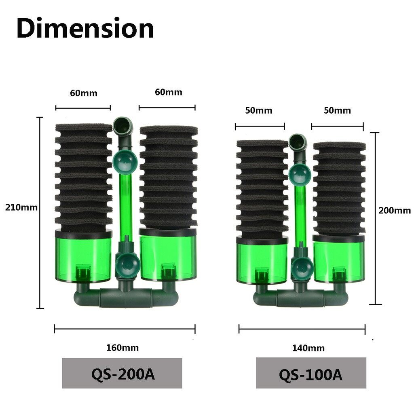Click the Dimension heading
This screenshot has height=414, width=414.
click(x=85, y=29)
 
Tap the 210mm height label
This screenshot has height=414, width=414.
click(x=21, y=208)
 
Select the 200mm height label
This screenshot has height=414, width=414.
click(x=394, y=211)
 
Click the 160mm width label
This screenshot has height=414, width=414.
click(x=122, y=348)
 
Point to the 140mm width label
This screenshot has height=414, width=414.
click(x=308, y=348)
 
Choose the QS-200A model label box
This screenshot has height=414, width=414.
click(x=122, y=373)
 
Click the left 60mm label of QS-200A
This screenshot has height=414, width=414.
click(x=84, y=93)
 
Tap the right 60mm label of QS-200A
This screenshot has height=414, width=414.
click(x=168, y=92)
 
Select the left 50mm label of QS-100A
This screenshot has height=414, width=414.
click(x=259, y=110)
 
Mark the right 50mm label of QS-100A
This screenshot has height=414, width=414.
click(x=337, y=110)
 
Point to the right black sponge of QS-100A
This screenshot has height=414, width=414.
click(x=339, y=188)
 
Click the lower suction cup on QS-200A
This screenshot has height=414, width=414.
click(x=127, y=265)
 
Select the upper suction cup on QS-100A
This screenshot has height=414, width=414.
click(x=300, y=172)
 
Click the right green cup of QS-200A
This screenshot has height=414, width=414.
click(x=168, y=254)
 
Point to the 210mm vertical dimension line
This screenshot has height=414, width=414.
click(x=40, y=213)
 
